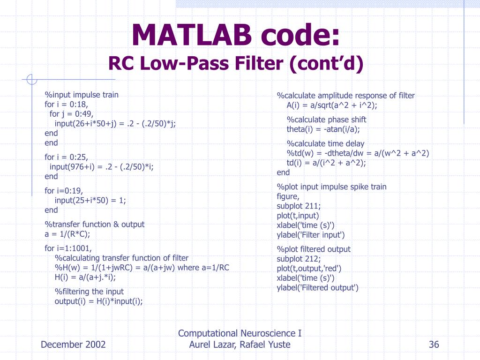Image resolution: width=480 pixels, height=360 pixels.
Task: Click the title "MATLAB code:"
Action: click(x=236, y=35)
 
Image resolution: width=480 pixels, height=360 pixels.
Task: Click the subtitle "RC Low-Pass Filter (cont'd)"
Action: click(x=236, y=63)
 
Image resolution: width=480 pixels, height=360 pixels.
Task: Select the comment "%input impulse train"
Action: click(x=82, y=95)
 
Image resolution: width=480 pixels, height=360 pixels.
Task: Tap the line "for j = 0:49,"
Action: click(x=72, y=114)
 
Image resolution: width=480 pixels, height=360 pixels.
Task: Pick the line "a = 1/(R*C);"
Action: click(x=67, y=234)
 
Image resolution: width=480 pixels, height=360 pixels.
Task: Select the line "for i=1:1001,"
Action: click(x=68, y=248)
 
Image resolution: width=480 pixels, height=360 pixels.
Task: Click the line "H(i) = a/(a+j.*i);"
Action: click(x=92, y=277)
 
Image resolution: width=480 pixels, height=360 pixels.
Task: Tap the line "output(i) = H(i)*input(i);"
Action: click(x=99, y=301)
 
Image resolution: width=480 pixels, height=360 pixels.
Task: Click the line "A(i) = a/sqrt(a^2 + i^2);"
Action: click(x=332, y=105)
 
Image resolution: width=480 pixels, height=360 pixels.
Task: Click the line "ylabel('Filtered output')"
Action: click(x=317, y=288)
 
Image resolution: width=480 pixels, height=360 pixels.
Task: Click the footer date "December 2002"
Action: click(x=73, y=345)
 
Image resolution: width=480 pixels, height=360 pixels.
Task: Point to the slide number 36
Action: click(x=434, y=345)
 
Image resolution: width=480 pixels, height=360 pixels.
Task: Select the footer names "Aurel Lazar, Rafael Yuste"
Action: click(x=240, y=345)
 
